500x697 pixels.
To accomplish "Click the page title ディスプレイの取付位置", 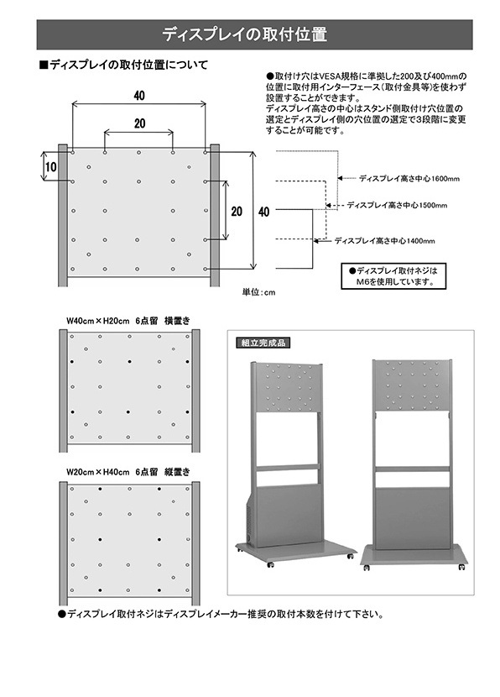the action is click(x=244, y=34).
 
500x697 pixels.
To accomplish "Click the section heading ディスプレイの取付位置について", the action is click(x=123, y=65).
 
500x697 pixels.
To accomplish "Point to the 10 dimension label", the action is click(x=50, y=167).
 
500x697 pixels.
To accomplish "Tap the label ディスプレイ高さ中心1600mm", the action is click(x=409, y=179).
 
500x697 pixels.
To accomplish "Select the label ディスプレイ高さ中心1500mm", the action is click(x=397, y=206).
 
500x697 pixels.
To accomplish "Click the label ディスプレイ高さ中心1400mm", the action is click(x=384, y=241).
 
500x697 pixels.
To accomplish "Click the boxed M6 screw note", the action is click(x=393, y=276).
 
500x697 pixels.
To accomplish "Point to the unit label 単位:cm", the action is click(x=258, y=292).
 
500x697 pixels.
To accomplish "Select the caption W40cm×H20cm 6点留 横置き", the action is click(x=128, y=321).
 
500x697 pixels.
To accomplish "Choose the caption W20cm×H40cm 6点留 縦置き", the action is click(x=128, y=472).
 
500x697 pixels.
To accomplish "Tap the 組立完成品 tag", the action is click(x=263, y=343).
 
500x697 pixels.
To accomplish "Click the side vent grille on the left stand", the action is click(x=248, y=521).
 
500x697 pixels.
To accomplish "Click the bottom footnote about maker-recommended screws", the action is click(x=221, y=615).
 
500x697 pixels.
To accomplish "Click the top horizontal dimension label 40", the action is click(x=139, y=96).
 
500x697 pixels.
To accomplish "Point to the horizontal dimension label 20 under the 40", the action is click(x=139, y=123).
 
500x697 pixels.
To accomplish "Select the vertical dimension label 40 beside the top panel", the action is click(x=263, y=212).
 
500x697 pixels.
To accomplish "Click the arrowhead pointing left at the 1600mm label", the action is click(x=340, y=178).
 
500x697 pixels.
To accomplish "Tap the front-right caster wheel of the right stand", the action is click(x=461, y=567).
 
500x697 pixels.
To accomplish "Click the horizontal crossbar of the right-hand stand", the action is click(x=413, y=469).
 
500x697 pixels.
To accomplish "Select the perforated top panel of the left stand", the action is click(x=289, y=388).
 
